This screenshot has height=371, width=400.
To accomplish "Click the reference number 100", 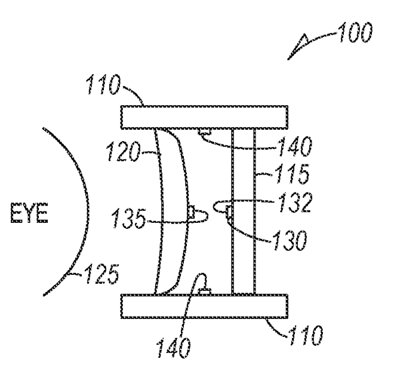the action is pos(355,32).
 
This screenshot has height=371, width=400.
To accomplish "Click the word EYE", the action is pos(29,213).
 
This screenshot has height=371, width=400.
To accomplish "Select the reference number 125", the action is pos(101,274).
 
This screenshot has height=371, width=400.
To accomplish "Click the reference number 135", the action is pos(129,218).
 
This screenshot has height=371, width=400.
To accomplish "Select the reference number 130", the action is pos(290,240).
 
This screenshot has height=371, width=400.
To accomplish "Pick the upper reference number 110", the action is pos(103,84).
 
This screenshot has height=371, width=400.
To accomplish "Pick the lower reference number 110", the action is pos(306,335).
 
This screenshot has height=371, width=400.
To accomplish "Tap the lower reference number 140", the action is pos(173,348).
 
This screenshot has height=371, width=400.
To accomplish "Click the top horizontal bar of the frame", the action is pos(205,117).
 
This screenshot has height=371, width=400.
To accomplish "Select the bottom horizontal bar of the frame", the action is pos(205,306).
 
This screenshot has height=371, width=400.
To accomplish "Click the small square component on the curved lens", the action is pos(191,212).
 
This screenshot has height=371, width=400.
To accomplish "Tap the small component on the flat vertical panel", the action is pos(229,213).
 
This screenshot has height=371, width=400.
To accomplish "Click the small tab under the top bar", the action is pos(204,131).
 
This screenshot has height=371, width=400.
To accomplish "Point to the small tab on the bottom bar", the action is pos(205,292).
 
